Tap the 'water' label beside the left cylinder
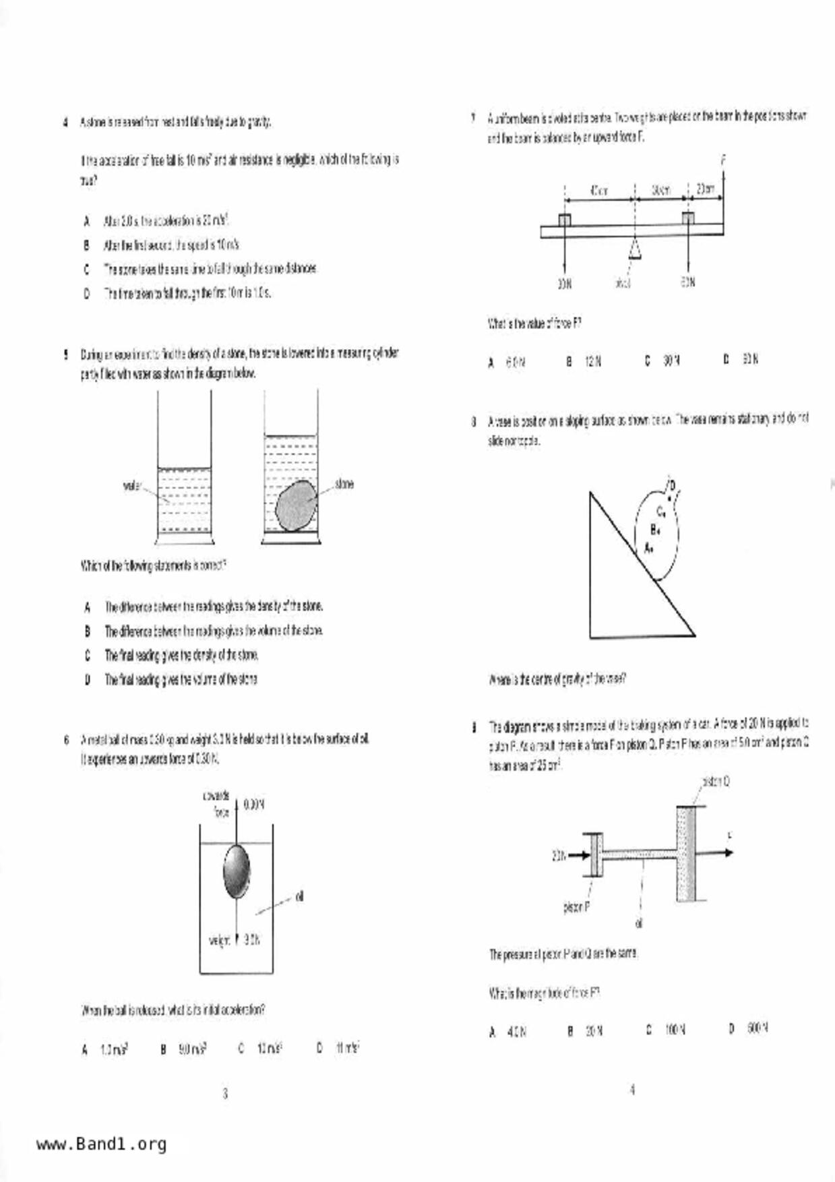click(x=131, y=485)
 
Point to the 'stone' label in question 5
click(x=343, y=484)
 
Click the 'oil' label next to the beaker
click(x=299, y=896)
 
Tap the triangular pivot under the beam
click(x=634, y=248)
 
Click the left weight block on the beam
click(x=565, y=220)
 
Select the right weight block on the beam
click(x=687, y=220)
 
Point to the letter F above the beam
click(x=723, y=160)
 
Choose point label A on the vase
click(x=648, y=547)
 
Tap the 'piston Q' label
click(x=716, y=782)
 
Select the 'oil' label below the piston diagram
click(x=639, y=923)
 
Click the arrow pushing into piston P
click(x=578, y=856)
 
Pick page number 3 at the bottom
click(x=225, y=1093)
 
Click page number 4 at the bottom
click(x=632, y=1089)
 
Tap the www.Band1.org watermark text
click(x=101, y=1144)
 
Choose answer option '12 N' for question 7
click(x=593, y=361)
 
